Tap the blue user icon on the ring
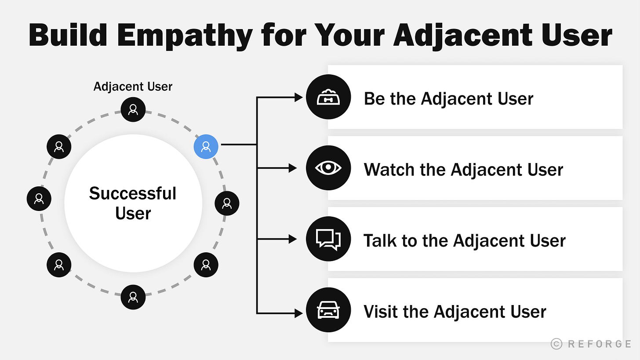(x=206, y=146)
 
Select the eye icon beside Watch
(x=328, y=168)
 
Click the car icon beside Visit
(x=328, y=310)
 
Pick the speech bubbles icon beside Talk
(x=328, y=239)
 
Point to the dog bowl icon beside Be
(x=328, y=97)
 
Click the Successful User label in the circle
(x=133, y=203)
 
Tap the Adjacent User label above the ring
(x=133, y=86)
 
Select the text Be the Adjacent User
(x=448, y=98)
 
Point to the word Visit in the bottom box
(x=380, y=312)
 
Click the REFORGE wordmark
(x=600, y=344)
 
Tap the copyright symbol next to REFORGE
(x=556, y=344)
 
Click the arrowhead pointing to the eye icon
(x=293, y=168)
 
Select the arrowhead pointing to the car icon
(x=298, y=313)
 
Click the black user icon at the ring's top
(x=133, y=109)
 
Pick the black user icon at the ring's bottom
(x=133, y=297)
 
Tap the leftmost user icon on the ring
(x=39, y=198)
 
